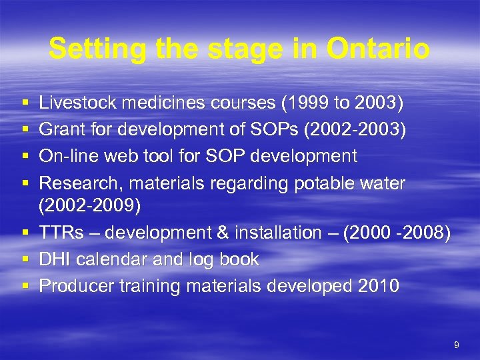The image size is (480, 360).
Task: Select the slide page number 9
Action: click(456, 345)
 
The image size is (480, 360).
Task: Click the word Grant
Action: click(59, 130)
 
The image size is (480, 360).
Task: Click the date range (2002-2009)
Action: click(90, 206)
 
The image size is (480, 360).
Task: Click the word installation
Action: click(273, 233)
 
